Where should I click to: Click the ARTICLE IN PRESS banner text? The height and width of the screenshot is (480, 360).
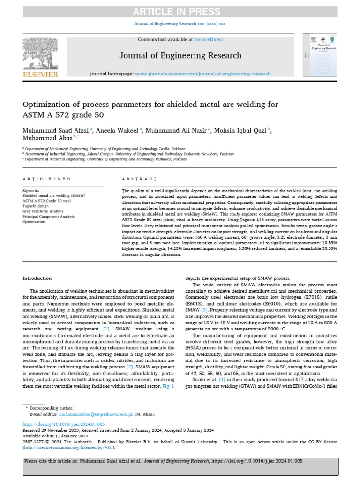(180, 11)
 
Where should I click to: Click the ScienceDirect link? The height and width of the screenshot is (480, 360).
(210, 40)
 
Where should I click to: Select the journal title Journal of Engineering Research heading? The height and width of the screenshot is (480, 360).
(180, 55)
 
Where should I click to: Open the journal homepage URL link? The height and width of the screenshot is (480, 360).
(202, 74)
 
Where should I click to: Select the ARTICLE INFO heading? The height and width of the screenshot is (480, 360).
(47, 179)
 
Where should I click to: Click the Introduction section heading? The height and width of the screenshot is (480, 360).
(37, 278)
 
